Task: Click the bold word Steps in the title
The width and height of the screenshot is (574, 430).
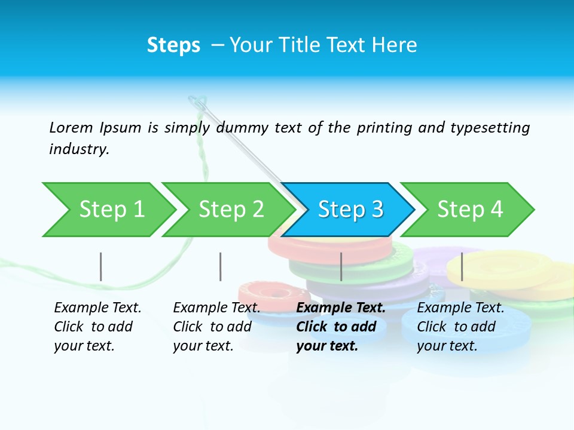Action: click(173, 45)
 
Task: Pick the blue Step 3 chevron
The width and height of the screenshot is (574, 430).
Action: click(349, 210)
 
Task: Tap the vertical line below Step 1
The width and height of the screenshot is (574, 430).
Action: click(101, 266)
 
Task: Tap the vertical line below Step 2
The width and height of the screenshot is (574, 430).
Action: click(221, 266)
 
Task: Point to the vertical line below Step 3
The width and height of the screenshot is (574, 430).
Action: click(341, 266)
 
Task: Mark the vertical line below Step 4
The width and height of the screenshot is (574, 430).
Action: click(462, 266)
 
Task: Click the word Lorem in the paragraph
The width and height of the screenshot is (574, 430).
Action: click(71, 128)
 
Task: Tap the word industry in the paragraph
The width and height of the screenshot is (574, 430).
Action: click(78, 149)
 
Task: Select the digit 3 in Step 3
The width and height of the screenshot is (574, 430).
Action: click(377, 210)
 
